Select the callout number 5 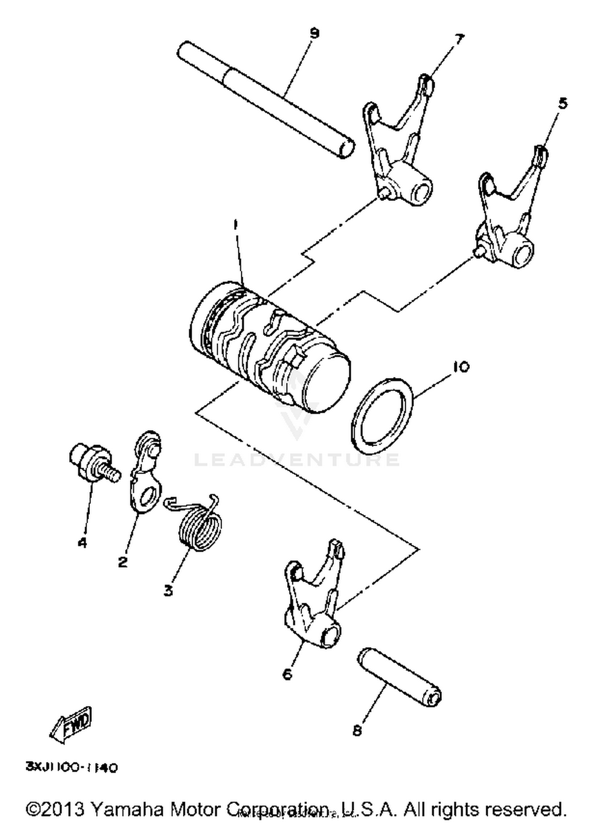click(562, 104)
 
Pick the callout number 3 click(168, 590)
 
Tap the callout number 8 click(357, 730)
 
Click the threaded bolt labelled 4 click(93, 463)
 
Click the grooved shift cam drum click(269, 347)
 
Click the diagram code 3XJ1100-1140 click(72, 767)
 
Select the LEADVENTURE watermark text click(297, 460)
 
